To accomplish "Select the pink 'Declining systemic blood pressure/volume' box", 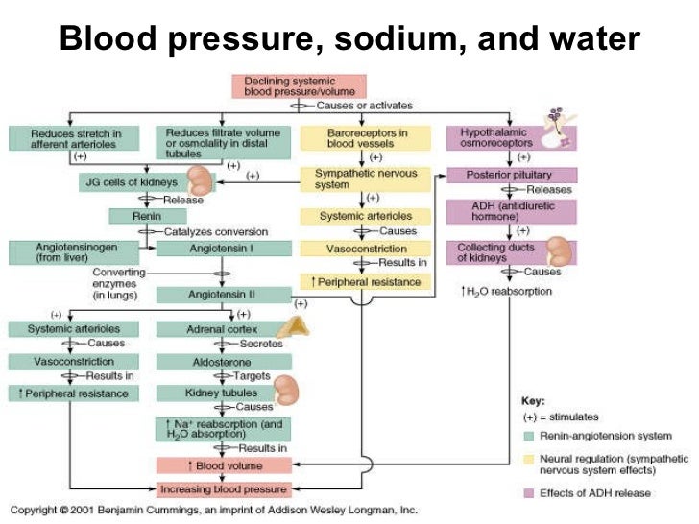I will [x=299, y=86].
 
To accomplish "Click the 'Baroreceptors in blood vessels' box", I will [x=361, y=137].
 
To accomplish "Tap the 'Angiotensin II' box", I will [x=223, y=295].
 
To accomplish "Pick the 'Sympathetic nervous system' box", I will [x=361, y=179].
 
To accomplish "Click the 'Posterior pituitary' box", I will [x=511, y=175].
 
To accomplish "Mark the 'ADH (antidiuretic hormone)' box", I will [x=511, y=211].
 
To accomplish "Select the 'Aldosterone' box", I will [x=223, y=362].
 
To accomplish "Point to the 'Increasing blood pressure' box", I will [x=223, y=489].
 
